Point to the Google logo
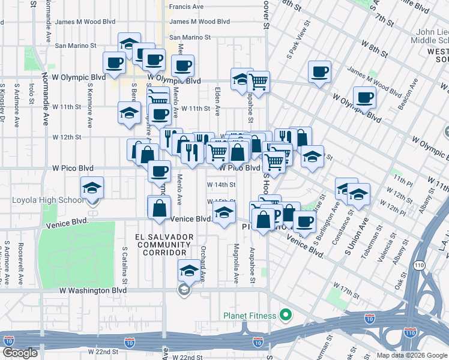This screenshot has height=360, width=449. tap(20, 353)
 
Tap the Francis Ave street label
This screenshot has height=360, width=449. tap(187, 7)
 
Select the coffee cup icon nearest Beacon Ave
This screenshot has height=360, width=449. tap(364, 97)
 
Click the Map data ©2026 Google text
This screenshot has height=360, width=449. tap(411, 355)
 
